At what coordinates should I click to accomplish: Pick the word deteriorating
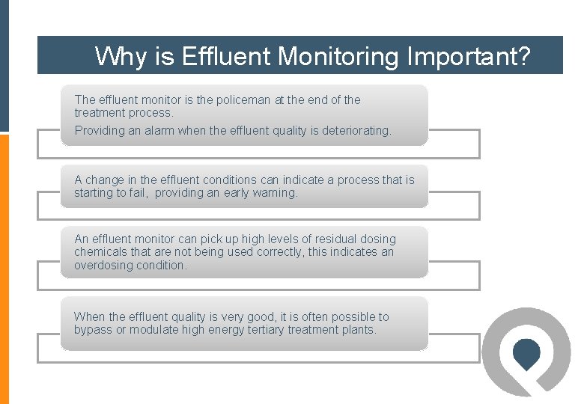click(356, 130)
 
